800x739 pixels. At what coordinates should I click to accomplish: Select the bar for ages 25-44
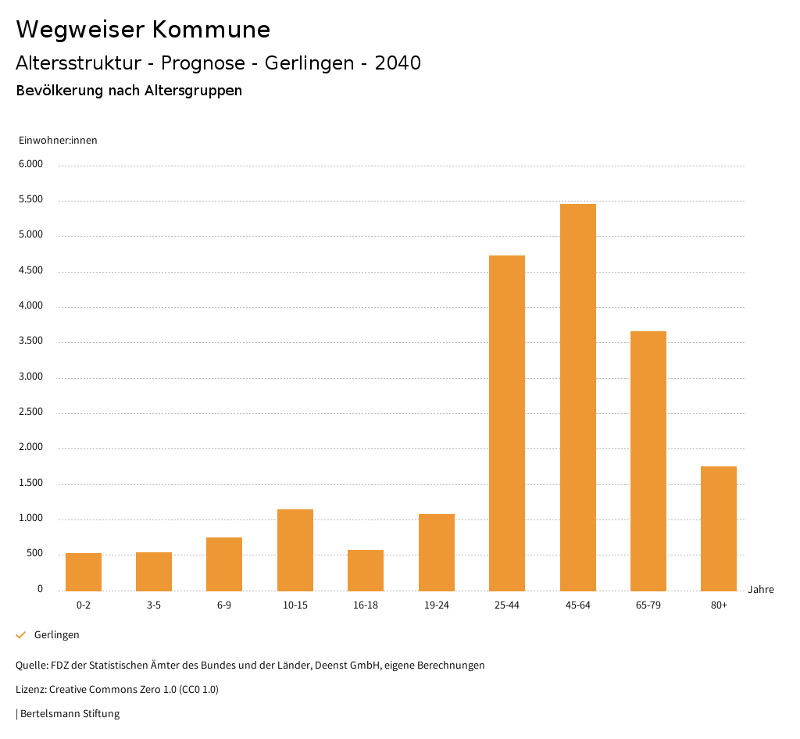[x=507, y=423]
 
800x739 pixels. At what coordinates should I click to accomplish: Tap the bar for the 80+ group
[x=719, y=528]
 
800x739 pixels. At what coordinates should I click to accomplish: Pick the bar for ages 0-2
[x=84, y=572]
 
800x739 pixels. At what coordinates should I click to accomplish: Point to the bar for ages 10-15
[x=295, y=550]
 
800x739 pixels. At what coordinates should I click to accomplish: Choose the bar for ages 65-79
[x=648, y=461]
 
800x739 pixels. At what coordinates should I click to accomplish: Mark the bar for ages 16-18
[x=366, y=570]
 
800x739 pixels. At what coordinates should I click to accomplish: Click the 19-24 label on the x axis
[x=437, y=605]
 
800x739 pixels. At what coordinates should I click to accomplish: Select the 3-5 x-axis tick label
[x=154, y=605]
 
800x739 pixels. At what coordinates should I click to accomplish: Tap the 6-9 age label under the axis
[x=224, y=605]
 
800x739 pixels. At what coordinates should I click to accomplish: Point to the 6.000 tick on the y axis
[x=31, y=165]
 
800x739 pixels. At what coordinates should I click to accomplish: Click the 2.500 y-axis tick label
[x=31, y=412]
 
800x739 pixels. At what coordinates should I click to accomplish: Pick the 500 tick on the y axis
[x=35, y=554]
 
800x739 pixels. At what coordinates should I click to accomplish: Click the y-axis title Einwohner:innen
[x=58, y=141]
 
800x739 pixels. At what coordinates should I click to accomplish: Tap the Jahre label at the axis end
[x=761, y=590]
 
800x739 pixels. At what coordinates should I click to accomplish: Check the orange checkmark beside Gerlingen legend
[x=21, y=635]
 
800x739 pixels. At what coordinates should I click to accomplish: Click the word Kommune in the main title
[x=211, y=30]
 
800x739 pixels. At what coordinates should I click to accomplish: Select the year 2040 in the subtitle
[x=398, y=63]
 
